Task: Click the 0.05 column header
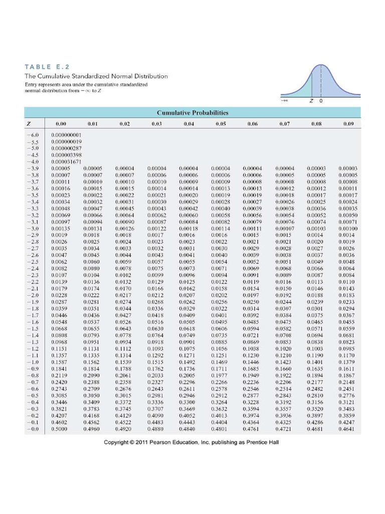(x=219, y=123)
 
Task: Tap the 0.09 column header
(x=348, y=123)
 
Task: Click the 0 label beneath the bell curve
(x=321, y=101)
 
